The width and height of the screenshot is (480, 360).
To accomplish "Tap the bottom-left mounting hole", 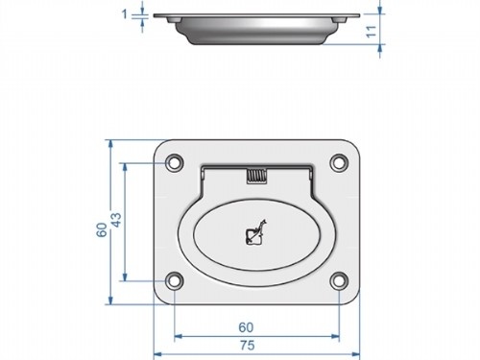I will [x=174, y=281].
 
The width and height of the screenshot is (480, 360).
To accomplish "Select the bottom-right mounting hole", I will [x=338, y=281].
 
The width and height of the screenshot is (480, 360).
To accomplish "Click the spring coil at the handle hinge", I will [x=256, y=176].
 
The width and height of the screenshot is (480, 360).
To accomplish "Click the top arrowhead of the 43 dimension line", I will [x=125, y=166].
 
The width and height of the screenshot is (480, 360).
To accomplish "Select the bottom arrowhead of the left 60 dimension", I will [x=111, y=300].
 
